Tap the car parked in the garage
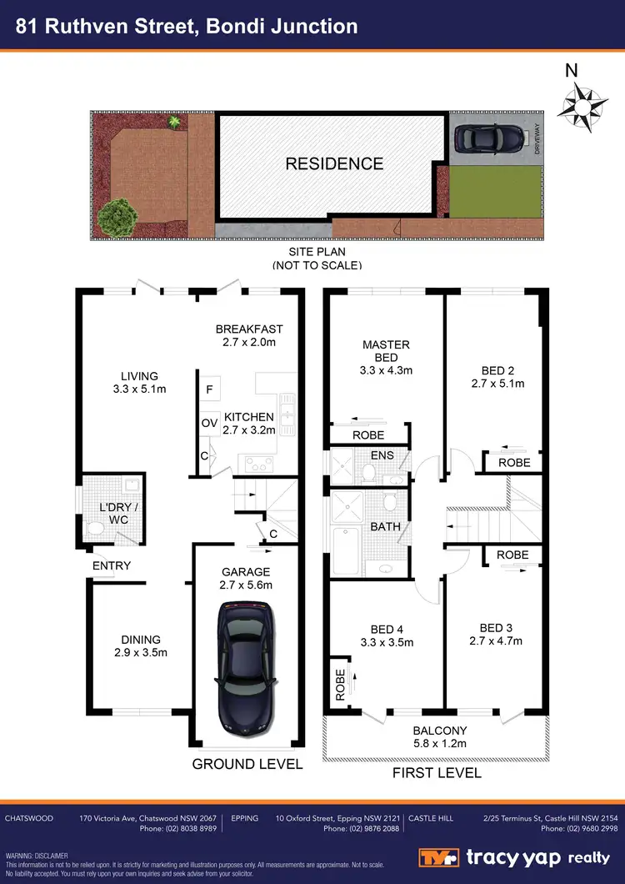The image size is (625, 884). pos(245,666)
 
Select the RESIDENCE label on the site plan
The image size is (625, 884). pos(334,164)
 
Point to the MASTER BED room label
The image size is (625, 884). pos(385,351)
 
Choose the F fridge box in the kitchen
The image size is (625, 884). pos(208,389)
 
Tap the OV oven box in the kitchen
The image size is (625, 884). pos(209,424)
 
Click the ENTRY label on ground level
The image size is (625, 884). pos(112,565)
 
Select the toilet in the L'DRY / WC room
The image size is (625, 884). pos(96,527)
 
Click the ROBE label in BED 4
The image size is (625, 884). pos(340,684)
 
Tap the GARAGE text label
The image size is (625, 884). pos(245,572)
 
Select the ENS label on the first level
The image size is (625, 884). pos(382,455)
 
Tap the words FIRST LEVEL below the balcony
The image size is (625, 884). pos(437,773)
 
